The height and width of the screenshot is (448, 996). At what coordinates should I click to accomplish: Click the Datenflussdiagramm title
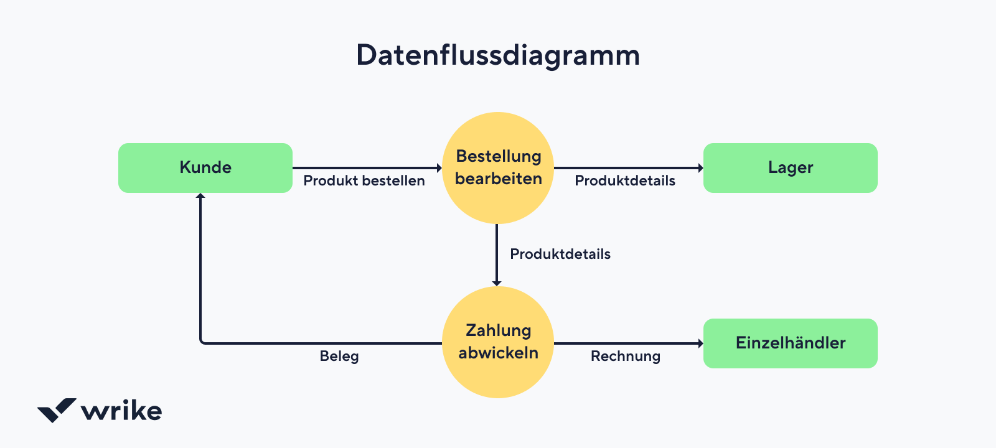tap(498, 55)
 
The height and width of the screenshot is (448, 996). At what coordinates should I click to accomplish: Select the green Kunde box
tap(205, 168)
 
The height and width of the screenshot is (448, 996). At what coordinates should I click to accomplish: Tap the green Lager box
tap(791, 168)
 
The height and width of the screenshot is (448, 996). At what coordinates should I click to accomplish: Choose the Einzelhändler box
tap(791, 343)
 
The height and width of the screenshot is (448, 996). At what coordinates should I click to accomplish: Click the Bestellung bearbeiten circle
tap(498, 168)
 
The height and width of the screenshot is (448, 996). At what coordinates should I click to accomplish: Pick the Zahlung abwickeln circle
tap(498, 342)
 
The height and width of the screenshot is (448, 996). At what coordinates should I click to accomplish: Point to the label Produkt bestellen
tap(364, 181)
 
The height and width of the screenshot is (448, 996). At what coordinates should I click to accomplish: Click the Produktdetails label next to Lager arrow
tap(625, 181)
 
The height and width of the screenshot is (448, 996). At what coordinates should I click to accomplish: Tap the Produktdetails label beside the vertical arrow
tap(560, 254)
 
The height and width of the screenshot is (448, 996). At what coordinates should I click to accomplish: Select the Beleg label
tap(339, 357)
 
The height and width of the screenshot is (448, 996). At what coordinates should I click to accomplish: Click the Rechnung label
tap(626, 357)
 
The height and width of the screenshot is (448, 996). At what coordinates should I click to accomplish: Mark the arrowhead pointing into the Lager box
tap(700, 168)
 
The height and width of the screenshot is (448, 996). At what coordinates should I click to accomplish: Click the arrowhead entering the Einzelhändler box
tap(700, 343)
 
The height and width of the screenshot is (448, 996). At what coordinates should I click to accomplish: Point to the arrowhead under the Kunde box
tap(200, 196)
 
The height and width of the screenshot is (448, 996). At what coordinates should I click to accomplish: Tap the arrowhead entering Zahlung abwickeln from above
tap(497, 283)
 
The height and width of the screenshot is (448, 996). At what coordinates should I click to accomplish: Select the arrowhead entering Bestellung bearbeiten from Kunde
tap(439, 168)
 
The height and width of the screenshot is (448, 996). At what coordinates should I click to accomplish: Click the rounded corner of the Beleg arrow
tap(202, 342)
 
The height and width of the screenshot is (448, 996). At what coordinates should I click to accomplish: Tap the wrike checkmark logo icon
tap(57, 410)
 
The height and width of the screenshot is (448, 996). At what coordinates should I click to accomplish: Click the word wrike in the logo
tap(121, 411)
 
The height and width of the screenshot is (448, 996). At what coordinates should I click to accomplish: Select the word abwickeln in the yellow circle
tap(498, 353)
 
